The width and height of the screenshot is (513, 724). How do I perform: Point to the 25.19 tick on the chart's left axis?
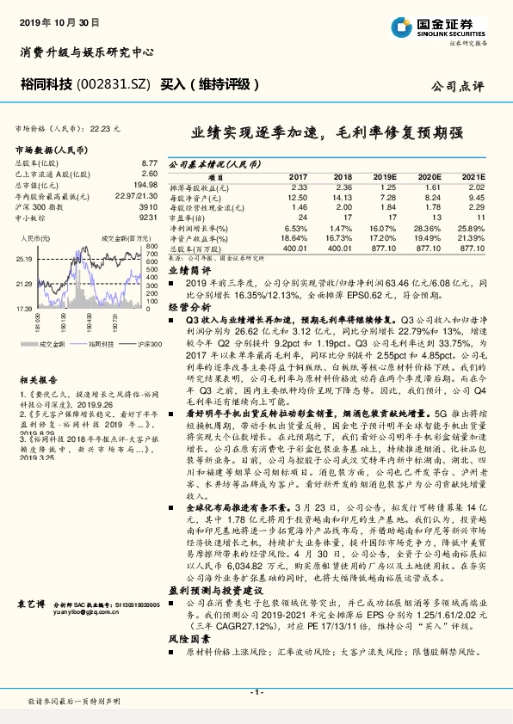(x=24, y=258)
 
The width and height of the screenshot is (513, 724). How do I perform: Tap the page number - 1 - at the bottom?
(x=256, y=692)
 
